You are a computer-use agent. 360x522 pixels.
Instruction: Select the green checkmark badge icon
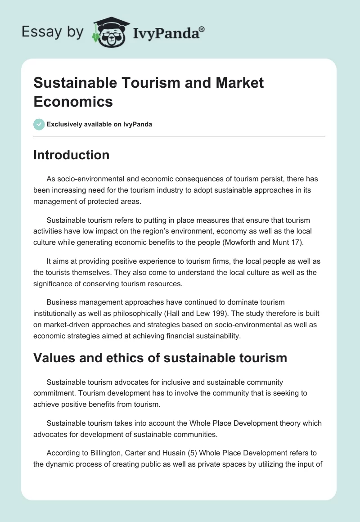tap(39, 124)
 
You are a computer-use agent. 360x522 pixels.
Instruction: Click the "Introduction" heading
tap(71, 155)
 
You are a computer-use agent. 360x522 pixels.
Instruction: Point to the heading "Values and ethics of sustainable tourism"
tap(160, 358)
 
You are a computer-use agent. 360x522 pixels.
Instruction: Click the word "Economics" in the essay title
tap(73, 102)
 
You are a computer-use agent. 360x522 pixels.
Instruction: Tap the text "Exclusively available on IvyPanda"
tap(99, 124)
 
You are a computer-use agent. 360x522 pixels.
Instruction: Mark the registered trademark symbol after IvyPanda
tap(202, 28)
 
